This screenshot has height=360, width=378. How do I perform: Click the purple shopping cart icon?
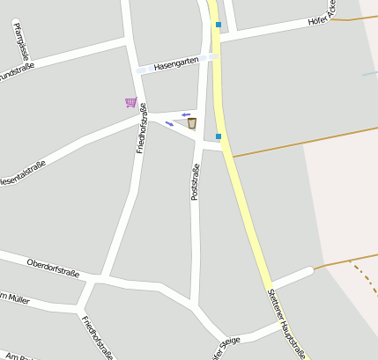point(130,102)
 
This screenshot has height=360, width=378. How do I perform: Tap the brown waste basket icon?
point(191,123)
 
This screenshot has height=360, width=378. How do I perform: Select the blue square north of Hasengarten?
point(219,25)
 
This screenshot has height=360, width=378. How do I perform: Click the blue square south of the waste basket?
point(219,136)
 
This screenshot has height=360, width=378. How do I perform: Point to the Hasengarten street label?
point(173,64)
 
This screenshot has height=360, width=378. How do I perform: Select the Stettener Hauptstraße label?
point(287,323)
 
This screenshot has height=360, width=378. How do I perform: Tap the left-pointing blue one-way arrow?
point(186,114)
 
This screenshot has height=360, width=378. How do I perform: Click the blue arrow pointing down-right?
point(169,123)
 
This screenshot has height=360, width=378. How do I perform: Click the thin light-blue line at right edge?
point(370,73)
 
